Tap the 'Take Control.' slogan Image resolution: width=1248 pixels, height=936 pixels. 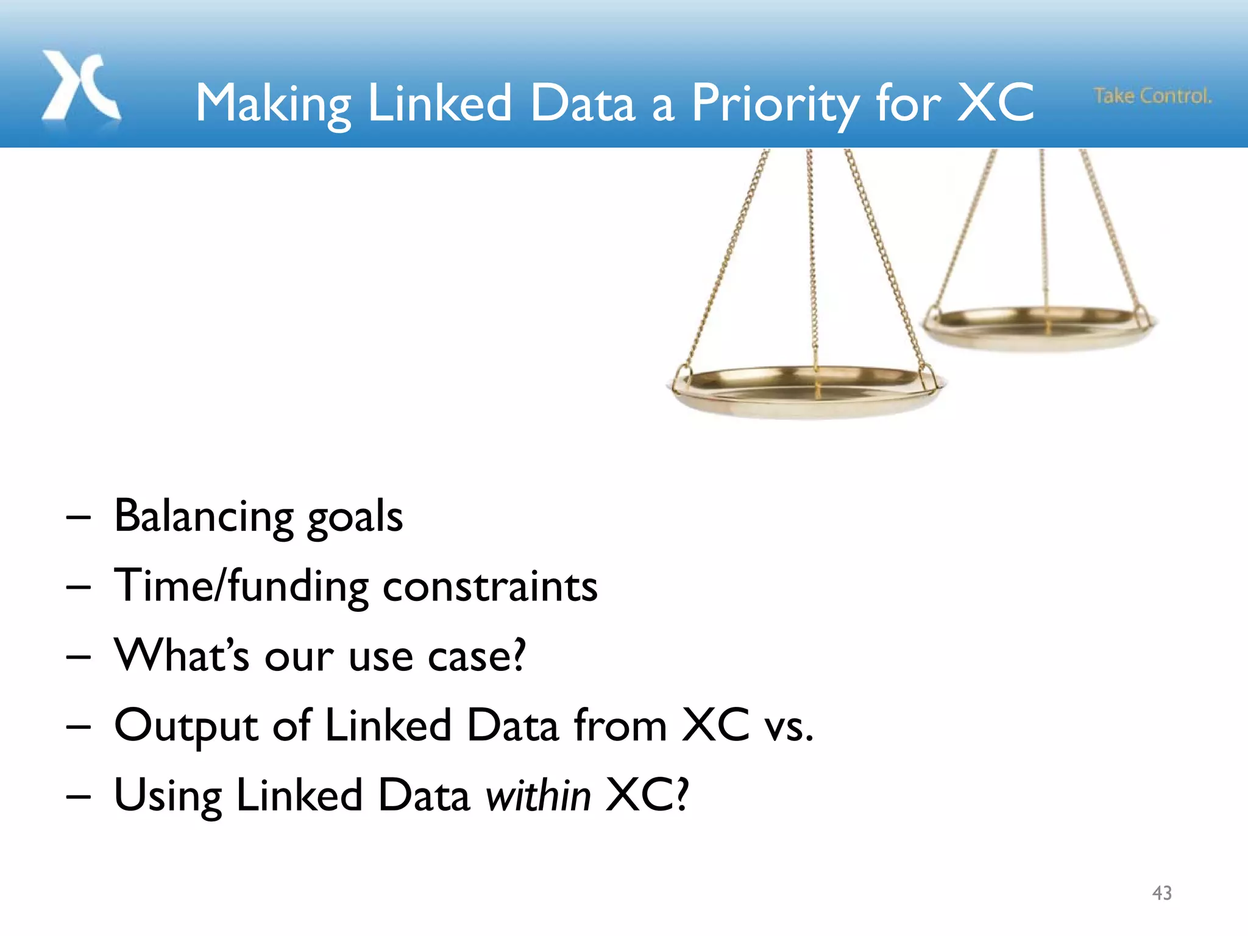(1152, 96)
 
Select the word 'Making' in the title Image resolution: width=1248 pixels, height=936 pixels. (273, 104)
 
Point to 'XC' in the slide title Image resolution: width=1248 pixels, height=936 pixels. (994, 102)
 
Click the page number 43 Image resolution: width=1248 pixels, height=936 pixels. (1161, 893)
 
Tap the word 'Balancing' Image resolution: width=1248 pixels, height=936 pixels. (205, 517)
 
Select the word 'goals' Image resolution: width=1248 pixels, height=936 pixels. (355, 518)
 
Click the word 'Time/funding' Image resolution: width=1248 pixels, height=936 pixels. (241, 586)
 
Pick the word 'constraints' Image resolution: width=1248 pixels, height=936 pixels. (490, 587)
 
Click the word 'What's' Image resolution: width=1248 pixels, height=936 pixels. (182, 656)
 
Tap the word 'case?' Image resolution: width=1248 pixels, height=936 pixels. (477, 657)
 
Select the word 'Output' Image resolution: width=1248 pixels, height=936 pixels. (186, 726)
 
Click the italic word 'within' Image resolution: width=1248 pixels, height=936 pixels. (538, 796)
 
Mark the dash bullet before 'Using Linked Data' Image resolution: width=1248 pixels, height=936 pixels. (79, 796)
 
